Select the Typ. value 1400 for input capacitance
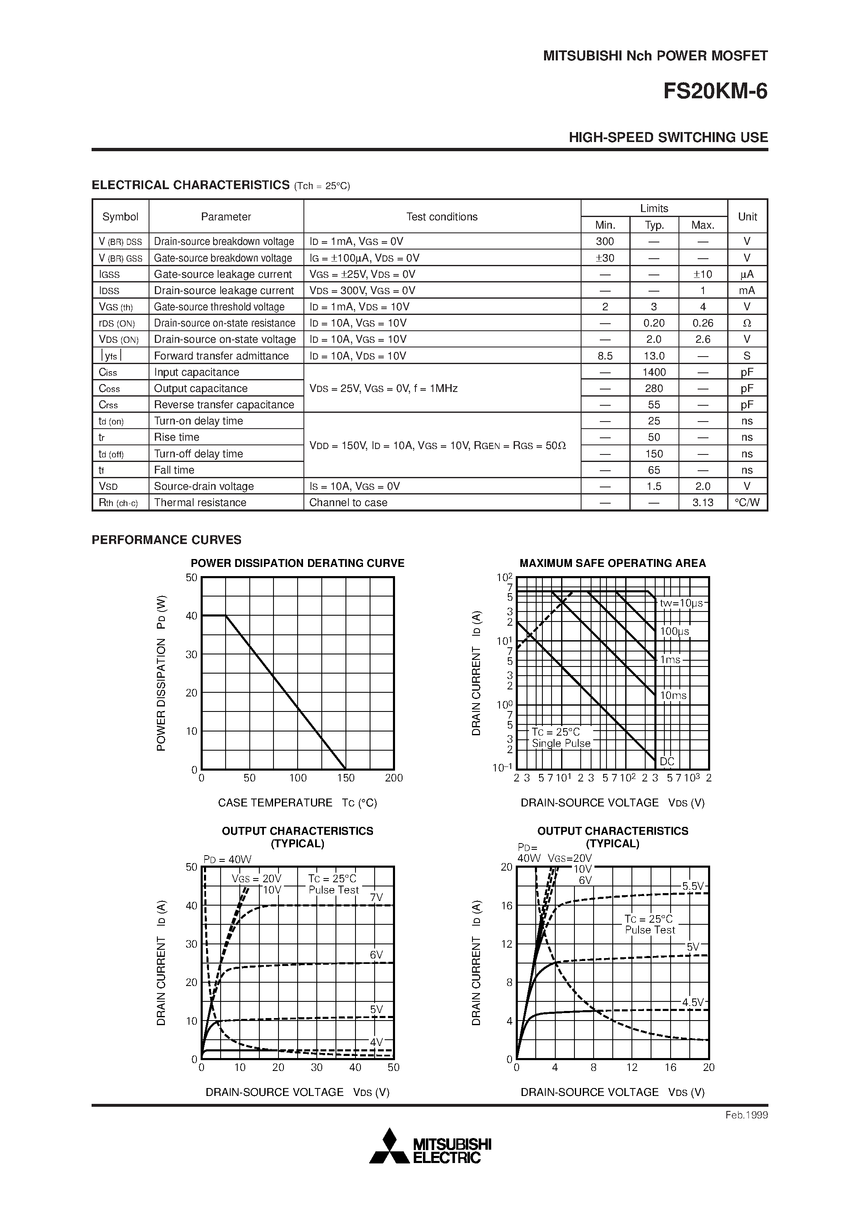coord(654,372)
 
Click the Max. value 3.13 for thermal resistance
coord(703,502)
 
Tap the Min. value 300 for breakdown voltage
coord(604,241)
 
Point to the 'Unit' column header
coord(747,217)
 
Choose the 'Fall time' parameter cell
coord(174,470)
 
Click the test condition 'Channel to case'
coord(348,502)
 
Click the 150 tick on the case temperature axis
coord(345,778)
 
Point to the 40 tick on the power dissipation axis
coord(191,616)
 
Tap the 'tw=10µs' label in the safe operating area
coord(681,603)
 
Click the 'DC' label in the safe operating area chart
coord(666,761)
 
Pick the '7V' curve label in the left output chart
coord(376,897)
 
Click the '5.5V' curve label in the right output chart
coord(692,886)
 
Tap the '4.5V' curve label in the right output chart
coord(692,1002)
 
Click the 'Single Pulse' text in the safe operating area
coord(561,743)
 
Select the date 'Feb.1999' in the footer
coord(746,1115)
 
